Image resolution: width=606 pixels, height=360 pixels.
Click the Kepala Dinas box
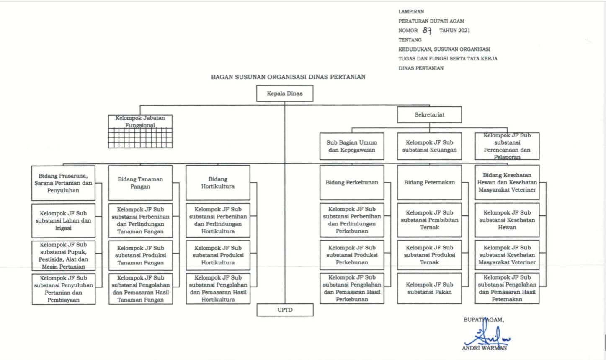tap(285, 93)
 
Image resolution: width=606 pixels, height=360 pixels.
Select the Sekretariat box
tap(429, 114)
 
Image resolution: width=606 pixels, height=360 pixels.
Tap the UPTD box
tap(285, 310)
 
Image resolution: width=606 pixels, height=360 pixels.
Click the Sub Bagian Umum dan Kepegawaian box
tap(352, 146)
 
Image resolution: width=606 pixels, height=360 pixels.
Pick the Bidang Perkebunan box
tap(352, 182)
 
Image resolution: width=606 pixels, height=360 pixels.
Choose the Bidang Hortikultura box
tap(218, 183)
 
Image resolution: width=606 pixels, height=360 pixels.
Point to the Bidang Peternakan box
tap(429, 182)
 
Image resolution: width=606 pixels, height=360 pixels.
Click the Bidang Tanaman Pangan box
tap(140, 183)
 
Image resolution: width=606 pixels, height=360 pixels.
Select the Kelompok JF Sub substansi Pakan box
tap(429, 288)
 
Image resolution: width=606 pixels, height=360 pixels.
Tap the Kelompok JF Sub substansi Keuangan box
tap(429, 146)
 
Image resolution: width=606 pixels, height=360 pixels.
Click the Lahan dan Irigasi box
tap(63, 220)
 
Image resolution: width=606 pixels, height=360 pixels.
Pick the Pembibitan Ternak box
tap(429, 220)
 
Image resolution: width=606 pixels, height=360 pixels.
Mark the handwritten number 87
tap(427, 31)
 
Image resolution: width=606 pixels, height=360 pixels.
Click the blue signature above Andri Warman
tap(487, 336)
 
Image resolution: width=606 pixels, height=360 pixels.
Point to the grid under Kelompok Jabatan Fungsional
tap(140, 138)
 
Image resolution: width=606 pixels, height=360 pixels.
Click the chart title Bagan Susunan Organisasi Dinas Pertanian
tap(288, 77)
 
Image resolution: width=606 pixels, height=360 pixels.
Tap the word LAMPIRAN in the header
tap(411, 12)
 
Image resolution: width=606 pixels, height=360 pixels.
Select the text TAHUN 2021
tap(454, 31)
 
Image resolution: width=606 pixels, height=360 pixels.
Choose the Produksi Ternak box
tap(429, 255)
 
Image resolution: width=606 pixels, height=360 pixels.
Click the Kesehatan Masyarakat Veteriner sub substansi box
tap(507, 255)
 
